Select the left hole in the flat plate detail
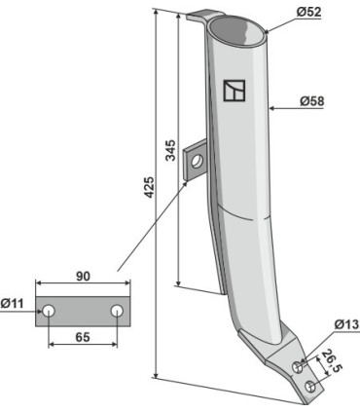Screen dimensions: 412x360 point(50,311)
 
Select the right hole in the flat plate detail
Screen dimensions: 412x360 point(116,311)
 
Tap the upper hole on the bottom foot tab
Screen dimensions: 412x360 point(299,367)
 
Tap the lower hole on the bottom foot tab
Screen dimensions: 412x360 point(309,387)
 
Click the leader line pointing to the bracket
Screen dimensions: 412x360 point(156,219)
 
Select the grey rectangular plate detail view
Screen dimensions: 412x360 point(82,311)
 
